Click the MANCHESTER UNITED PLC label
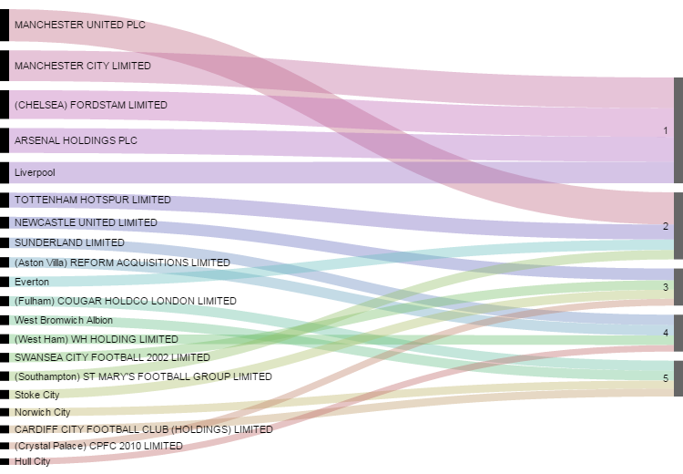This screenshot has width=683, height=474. pos(79,26)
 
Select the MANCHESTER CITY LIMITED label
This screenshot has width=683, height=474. pos(83,66)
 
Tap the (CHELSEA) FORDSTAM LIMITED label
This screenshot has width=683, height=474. pos(91,105)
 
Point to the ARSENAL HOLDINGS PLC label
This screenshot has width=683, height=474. pos(76,140)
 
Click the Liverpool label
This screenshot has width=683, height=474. pos(35,172)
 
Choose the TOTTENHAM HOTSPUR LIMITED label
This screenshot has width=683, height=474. pos(92,200)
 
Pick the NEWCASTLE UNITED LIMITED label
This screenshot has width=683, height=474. pos(86,222)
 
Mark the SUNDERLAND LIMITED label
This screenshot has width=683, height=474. pos(69,242)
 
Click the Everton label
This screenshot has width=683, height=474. pos(32,282)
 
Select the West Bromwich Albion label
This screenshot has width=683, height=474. pos(64,320)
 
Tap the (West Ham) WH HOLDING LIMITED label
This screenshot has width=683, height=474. pos(97,339)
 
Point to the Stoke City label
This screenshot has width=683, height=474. pos(36,395)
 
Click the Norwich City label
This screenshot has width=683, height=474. pos(42,412)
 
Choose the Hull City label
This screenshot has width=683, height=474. pos(33,461)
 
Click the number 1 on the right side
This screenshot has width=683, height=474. pos(666,131)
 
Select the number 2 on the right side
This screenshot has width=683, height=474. pos(666,226)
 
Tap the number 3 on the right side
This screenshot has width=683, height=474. pos(666,287)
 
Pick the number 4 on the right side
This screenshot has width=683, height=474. pos(666,333)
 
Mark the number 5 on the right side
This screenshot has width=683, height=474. pos(666,377)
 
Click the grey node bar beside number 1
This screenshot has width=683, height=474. pos(678,130)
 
